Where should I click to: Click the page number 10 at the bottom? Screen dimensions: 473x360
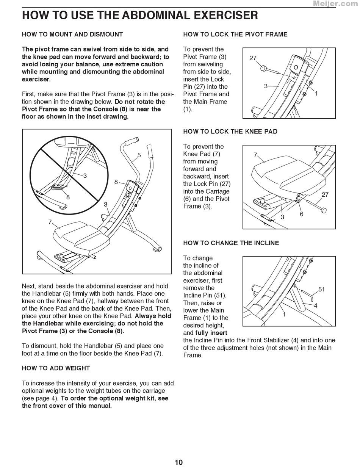pyautogui.click(x=179, y=462)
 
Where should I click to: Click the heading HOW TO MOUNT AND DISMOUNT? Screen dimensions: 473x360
pyautogui.click(x=72, y=34)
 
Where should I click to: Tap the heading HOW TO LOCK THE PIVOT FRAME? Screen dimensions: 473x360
pyautogui.click(x=235, y=34)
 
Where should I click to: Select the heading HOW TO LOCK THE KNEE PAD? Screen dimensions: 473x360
pyautogui.click(x=230, y=132)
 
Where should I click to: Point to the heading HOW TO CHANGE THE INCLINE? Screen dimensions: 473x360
pyautogui.click(x=231, y=243)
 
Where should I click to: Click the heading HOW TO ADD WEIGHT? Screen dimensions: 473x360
pyautogui.click(x=56, y=368)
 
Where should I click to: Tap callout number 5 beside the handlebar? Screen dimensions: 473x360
pyautogui.click(x=139, y=155)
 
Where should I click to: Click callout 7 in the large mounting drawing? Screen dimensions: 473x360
pyautogui.click(x=50, y=222)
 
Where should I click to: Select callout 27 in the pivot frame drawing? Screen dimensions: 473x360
pyautogui.click(x=253, y=58)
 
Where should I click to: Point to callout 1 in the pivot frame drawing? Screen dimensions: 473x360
pyautogui.click(x=316, y=93)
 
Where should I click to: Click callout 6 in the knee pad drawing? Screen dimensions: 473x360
pyautogui.click(x=302, y=214)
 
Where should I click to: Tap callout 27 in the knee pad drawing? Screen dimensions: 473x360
pyautogui.click(x=325, y=194)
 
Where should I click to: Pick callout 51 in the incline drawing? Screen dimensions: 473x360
pyautogui.click(x=322, y=289)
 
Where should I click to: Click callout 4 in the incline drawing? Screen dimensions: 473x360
pyautogui.click(x=315, y=305)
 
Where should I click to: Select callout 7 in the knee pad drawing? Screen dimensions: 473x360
pyautogui.click(x=255, y=155)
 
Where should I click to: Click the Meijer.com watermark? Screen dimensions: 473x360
pyautogui.click(x=335, y=4)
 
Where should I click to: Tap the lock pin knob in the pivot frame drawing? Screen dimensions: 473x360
pyautogui.click(x=263, y=69)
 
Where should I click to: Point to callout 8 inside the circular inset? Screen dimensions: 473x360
pyautogui.click(x=68, y=197)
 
